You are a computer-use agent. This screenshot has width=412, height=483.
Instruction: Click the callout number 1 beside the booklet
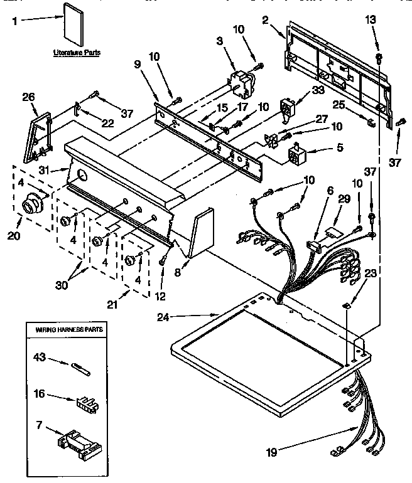(x=14, y=21)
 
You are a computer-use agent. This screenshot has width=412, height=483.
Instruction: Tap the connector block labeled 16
(x=86, y=403)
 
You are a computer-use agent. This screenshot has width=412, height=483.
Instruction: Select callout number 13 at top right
(x=371, y=19)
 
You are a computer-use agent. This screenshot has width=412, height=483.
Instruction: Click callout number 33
(x=318, y=91)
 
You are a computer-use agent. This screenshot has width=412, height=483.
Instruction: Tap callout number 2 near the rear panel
(x=266, y=21)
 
